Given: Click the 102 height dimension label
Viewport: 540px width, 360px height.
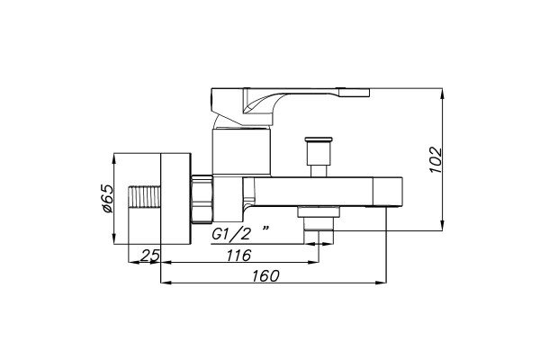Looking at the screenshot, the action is click(x=436, y=160).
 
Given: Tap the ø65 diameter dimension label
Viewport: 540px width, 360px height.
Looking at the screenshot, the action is click(x=108, y=199).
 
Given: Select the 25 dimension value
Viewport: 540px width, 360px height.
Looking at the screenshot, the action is click(x=150, y=256).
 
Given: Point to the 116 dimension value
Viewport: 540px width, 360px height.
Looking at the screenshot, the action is click(x=238, y=256).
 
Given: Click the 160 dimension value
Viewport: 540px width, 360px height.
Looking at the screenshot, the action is click(x=265, y=276).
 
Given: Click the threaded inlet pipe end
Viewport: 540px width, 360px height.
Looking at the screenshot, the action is click(x=145, y=197).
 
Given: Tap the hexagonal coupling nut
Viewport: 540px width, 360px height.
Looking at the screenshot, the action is click(x=202, y=199).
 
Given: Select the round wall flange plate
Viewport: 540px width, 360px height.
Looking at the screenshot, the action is click(x=175, y=199).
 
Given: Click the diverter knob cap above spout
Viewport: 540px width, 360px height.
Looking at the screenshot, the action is click(x=319, y=139).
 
